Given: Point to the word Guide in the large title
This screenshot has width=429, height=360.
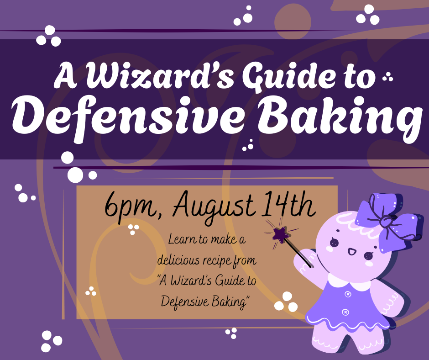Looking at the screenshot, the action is click(x=288, y=76).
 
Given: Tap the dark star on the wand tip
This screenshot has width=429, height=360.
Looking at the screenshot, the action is click(x=280, y=234).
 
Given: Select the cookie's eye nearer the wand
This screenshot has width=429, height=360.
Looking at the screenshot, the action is click(x=334, y=242).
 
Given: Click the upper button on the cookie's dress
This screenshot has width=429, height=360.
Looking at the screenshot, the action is click(x=348, y=295).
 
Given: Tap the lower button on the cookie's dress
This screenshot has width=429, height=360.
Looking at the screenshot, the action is click(x=345, y=312).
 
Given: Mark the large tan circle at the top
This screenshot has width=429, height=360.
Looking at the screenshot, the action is click(x=293, y=21).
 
